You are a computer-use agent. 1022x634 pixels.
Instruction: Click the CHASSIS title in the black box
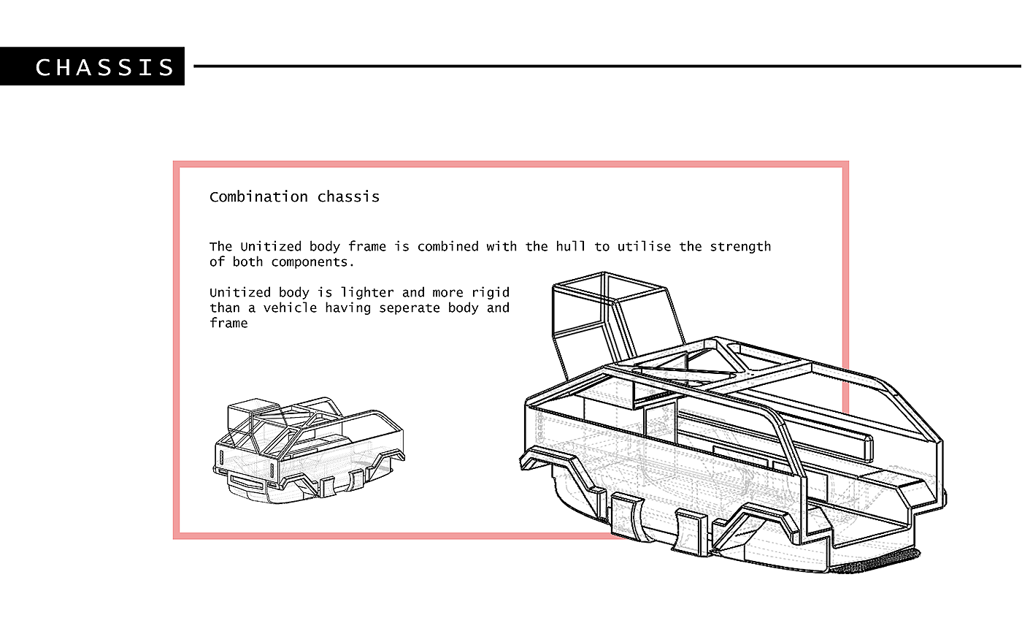(105, 67)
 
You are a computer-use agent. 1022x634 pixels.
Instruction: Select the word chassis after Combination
(348, 196)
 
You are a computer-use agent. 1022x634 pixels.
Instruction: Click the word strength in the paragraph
(740, 246)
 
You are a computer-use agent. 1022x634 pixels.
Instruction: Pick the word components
(313, 262)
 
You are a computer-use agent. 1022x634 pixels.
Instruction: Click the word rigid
(491, 293)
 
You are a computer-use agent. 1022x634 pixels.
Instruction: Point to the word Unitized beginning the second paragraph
(240, 293)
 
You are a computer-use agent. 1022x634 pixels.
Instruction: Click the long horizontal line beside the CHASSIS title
(606, 66)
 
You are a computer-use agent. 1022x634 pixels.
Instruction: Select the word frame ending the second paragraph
(228, 324)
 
